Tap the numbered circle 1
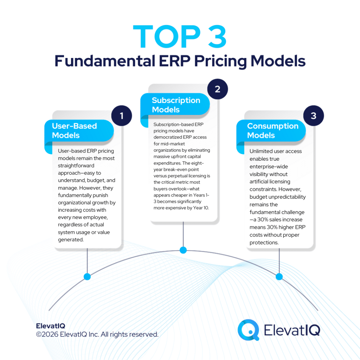(122, 116)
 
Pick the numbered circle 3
(313, 116)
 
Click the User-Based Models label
(74, 130)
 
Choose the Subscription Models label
(176, 105)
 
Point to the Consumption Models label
(272, 130)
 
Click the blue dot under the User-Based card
(87, 277)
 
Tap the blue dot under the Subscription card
(183, 250)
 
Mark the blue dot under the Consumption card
(279, 277)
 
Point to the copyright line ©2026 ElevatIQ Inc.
(97, 334)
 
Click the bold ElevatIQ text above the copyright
(50, 326)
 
